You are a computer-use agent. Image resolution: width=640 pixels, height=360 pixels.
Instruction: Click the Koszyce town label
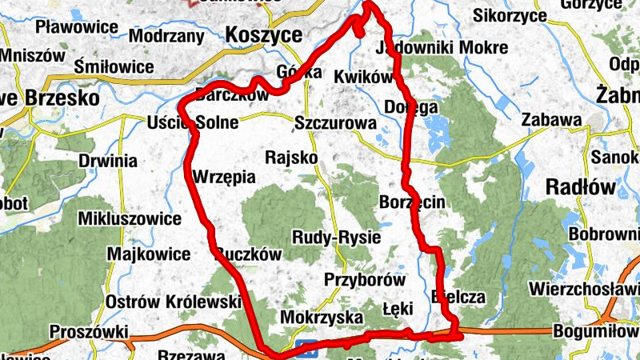click(x=264, y=35)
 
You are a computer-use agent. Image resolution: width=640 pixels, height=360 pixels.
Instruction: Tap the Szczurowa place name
click(x=335, y=124)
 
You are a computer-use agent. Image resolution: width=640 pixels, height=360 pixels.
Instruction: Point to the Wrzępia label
click(x=225, y=176)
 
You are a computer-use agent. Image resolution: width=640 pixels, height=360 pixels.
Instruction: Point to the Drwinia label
click(x=108, y=161)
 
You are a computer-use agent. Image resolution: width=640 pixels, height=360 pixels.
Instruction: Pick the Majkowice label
click(x=148, y=254)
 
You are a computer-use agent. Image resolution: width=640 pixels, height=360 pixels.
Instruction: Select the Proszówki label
click(x=89, y=331)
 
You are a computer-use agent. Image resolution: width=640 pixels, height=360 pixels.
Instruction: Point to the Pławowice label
click(x=77, y=27)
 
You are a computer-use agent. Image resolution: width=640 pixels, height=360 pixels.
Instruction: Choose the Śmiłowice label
click(x=114, y=66)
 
